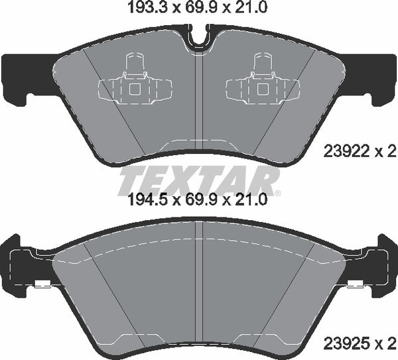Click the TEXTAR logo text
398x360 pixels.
point(198,180)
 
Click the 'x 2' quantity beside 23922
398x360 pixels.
point(386,152)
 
